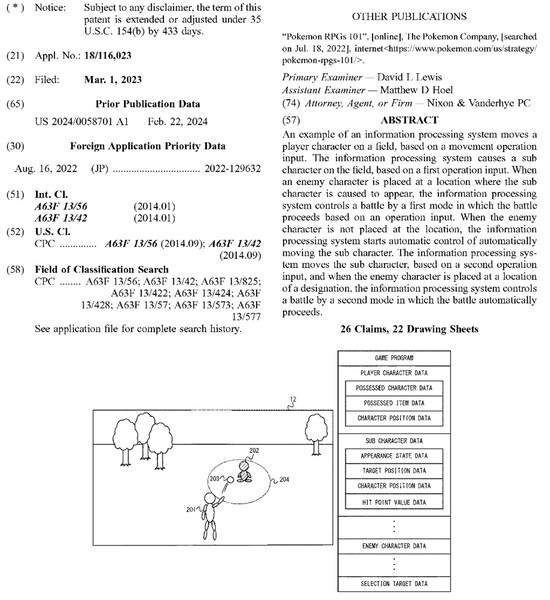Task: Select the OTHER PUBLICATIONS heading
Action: tap(410, 17)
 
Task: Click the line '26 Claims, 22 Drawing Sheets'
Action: tap(409, 330)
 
